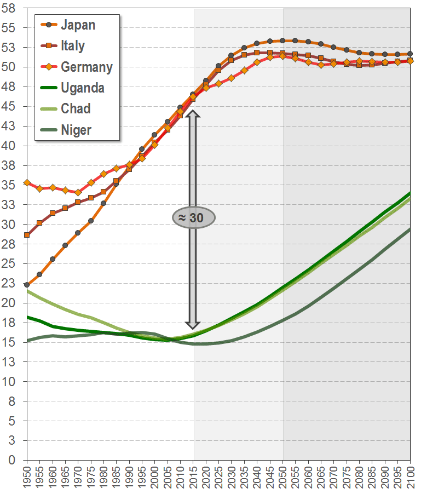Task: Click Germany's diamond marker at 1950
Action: pos(27,182)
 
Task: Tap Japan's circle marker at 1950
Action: pos(27,285)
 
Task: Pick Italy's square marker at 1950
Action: pos(27,234)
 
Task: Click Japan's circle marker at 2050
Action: pos(282,41)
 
